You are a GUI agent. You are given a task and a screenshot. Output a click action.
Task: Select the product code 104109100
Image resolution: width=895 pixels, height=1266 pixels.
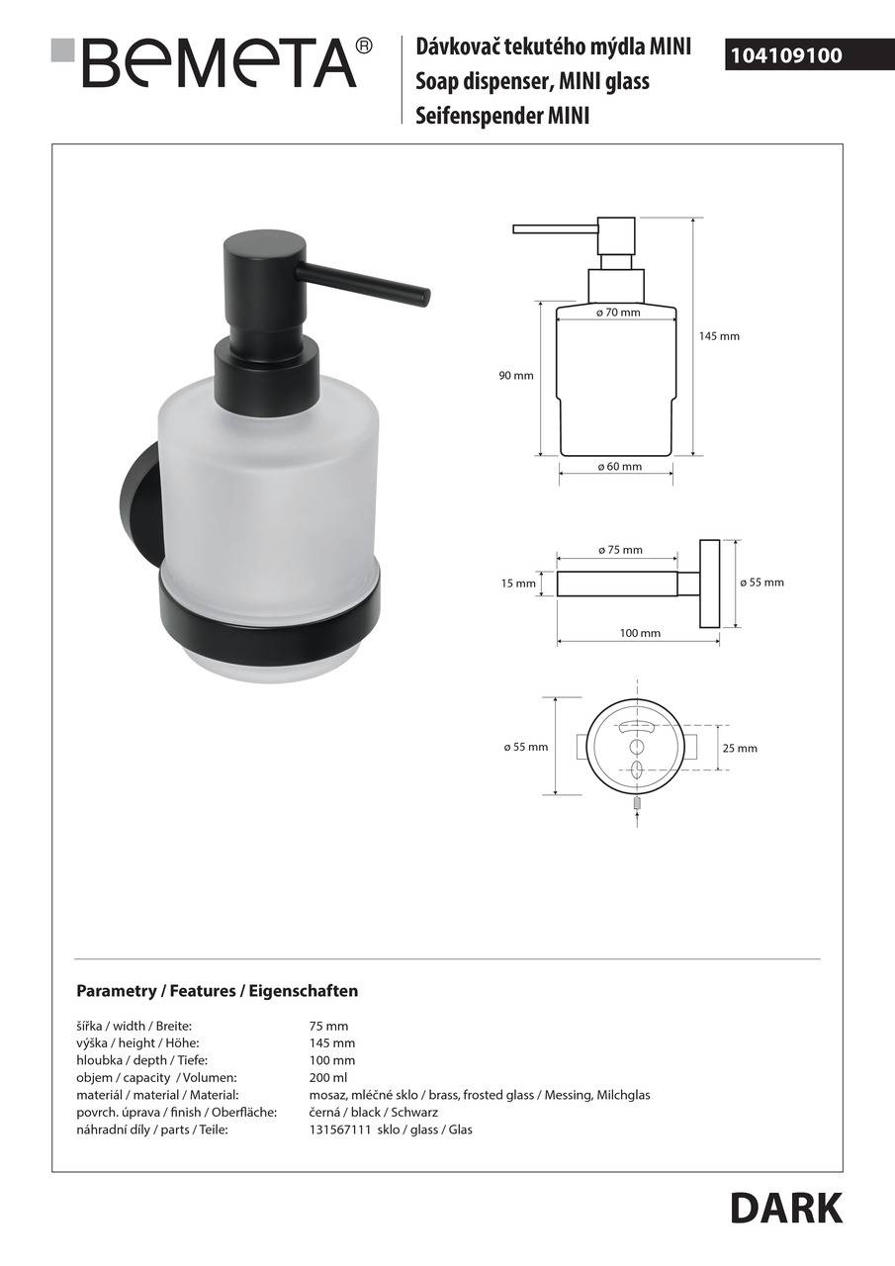tap(786, 55)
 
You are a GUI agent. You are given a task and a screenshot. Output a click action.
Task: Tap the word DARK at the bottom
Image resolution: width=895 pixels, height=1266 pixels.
tap(786, 1209)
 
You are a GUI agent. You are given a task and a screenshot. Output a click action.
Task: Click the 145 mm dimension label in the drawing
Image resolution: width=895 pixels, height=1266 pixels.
tap(719, 336)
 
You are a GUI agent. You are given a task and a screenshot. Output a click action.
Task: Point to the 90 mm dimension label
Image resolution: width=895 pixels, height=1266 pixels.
tap(516, 375)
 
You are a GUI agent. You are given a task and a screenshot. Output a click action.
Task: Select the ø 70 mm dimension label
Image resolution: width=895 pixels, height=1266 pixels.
tap(618, 313)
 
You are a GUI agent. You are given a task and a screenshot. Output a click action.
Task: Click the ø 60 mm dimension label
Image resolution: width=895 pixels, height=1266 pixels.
tap(619, 466)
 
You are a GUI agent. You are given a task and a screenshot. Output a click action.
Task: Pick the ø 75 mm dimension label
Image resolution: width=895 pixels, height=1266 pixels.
tap(620, 549)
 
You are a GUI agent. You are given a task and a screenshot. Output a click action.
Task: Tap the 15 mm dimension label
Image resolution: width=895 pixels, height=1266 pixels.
tap(518, 584)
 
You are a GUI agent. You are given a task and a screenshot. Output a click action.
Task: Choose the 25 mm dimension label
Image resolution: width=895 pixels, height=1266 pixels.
tap(740, 749)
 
